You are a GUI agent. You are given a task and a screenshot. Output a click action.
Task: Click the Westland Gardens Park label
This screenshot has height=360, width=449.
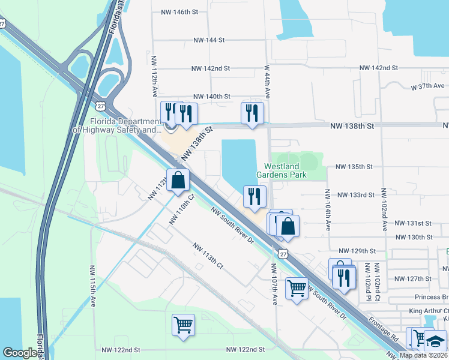286,171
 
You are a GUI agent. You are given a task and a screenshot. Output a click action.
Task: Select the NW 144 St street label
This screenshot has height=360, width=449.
208,40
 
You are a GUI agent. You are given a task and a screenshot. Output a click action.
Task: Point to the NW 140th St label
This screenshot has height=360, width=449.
212,97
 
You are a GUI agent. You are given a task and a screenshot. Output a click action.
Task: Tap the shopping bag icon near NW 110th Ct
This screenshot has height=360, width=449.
178,180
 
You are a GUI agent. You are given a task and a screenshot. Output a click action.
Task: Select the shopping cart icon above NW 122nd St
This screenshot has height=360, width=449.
184,325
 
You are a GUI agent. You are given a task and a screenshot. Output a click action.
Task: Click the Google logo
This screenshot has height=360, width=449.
20,353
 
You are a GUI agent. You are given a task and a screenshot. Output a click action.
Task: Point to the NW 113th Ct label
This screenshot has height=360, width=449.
208,256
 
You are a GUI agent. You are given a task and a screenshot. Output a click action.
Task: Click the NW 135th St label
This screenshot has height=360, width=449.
354,167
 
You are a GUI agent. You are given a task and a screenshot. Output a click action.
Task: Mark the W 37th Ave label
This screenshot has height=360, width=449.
429,86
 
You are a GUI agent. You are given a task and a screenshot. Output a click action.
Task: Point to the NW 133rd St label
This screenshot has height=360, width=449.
356,195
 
